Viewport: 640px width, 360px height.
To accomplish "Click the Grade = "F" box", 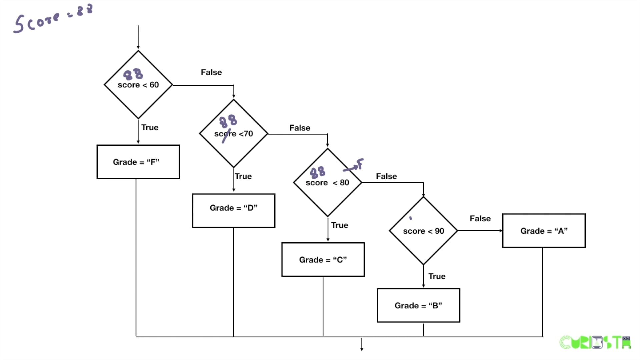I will tap(138, 162).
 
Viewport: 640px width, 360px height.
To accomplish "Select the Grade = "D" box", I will tap(233, 211).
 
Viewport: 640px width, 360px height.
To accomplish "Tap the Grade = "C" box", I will tap(323, 260).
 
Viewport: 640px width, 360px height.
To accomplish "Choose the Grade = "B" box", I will tap(418, 305).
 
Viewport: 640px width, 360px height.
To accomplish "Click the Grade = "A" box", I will tap(544, 231).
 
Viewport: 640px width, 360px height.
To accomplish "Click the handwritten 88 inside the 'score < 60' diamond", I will tap(133, 74).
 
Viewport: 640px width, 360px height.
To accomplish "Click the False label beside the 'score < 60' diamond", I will tap(211, 72).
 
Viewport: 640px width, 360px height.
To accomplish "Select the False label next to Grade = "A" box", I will tap(480, 219).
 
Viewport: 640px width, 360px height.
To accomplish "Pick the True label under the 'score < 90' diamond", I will tap(437, 276).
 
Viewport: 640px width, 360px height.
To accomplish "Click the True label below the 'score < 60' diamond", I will tap(150, 127).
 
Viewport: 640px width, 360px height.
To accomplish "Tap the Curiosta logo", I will tap(595, 342).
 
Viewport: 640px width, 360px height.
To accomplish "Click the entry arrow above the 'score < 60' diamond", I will tap(138, 37).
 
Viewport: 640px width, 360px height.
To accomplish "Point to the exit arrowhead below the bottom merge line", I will tap(362, 348).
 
